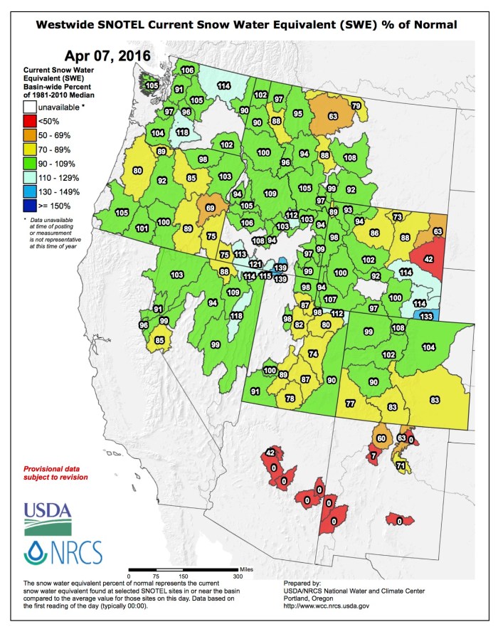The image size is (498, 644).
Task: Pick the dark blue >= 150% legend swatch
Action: click(28, 206)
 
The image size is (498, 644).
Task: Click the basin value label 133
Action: click(425, 316)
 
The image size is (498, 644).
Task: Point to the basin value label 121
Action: click(255, 265)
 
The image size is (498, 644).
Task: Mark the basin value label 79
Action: click(356, 106)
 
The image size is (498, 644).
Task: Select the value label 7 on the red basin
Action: click(373, 455)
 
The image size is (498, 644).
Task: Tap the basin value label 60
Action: click(381, 438)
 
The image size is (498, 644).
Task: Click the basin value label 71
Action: click(401, 466)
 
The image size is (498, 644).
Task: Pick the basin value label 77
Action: click(350, 403)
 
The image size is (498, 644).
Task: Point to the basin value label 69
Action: click(210, 207)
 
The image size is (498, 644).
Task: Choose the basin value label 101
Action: click(142, 228)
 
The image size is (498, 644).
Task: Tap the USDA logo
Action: click(47, 517)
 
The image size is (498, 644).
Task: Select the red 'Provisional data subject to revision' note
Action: click(55, 473)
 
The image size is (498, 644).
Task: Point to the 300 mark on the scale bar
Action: click(238, 576)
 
